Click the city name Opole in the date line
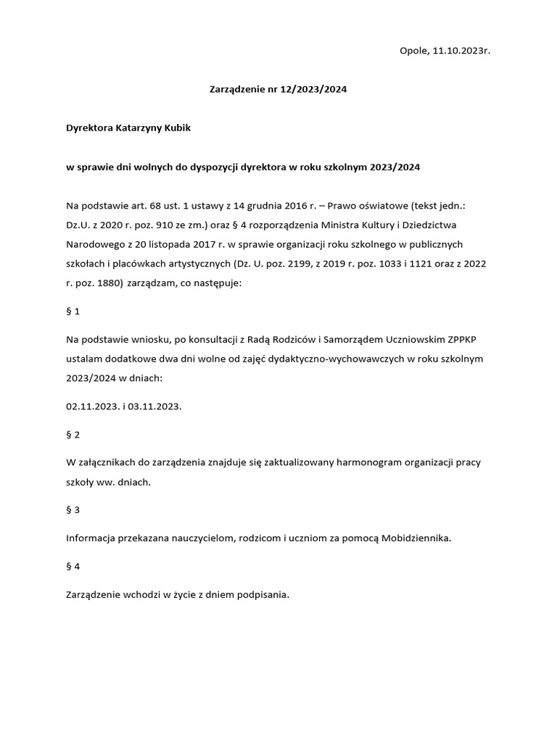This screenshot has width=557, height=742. point(413,51)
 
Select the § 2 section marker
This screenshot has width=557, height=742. point(73,434)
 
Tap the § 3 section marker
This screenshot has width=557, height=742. point(73,509)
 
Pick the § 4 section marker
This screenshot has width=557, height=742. point(73,566)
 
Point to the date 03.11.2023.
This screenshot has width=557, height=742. point(154,407)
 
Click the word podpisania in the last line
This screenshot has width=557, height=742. point(264,594)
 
